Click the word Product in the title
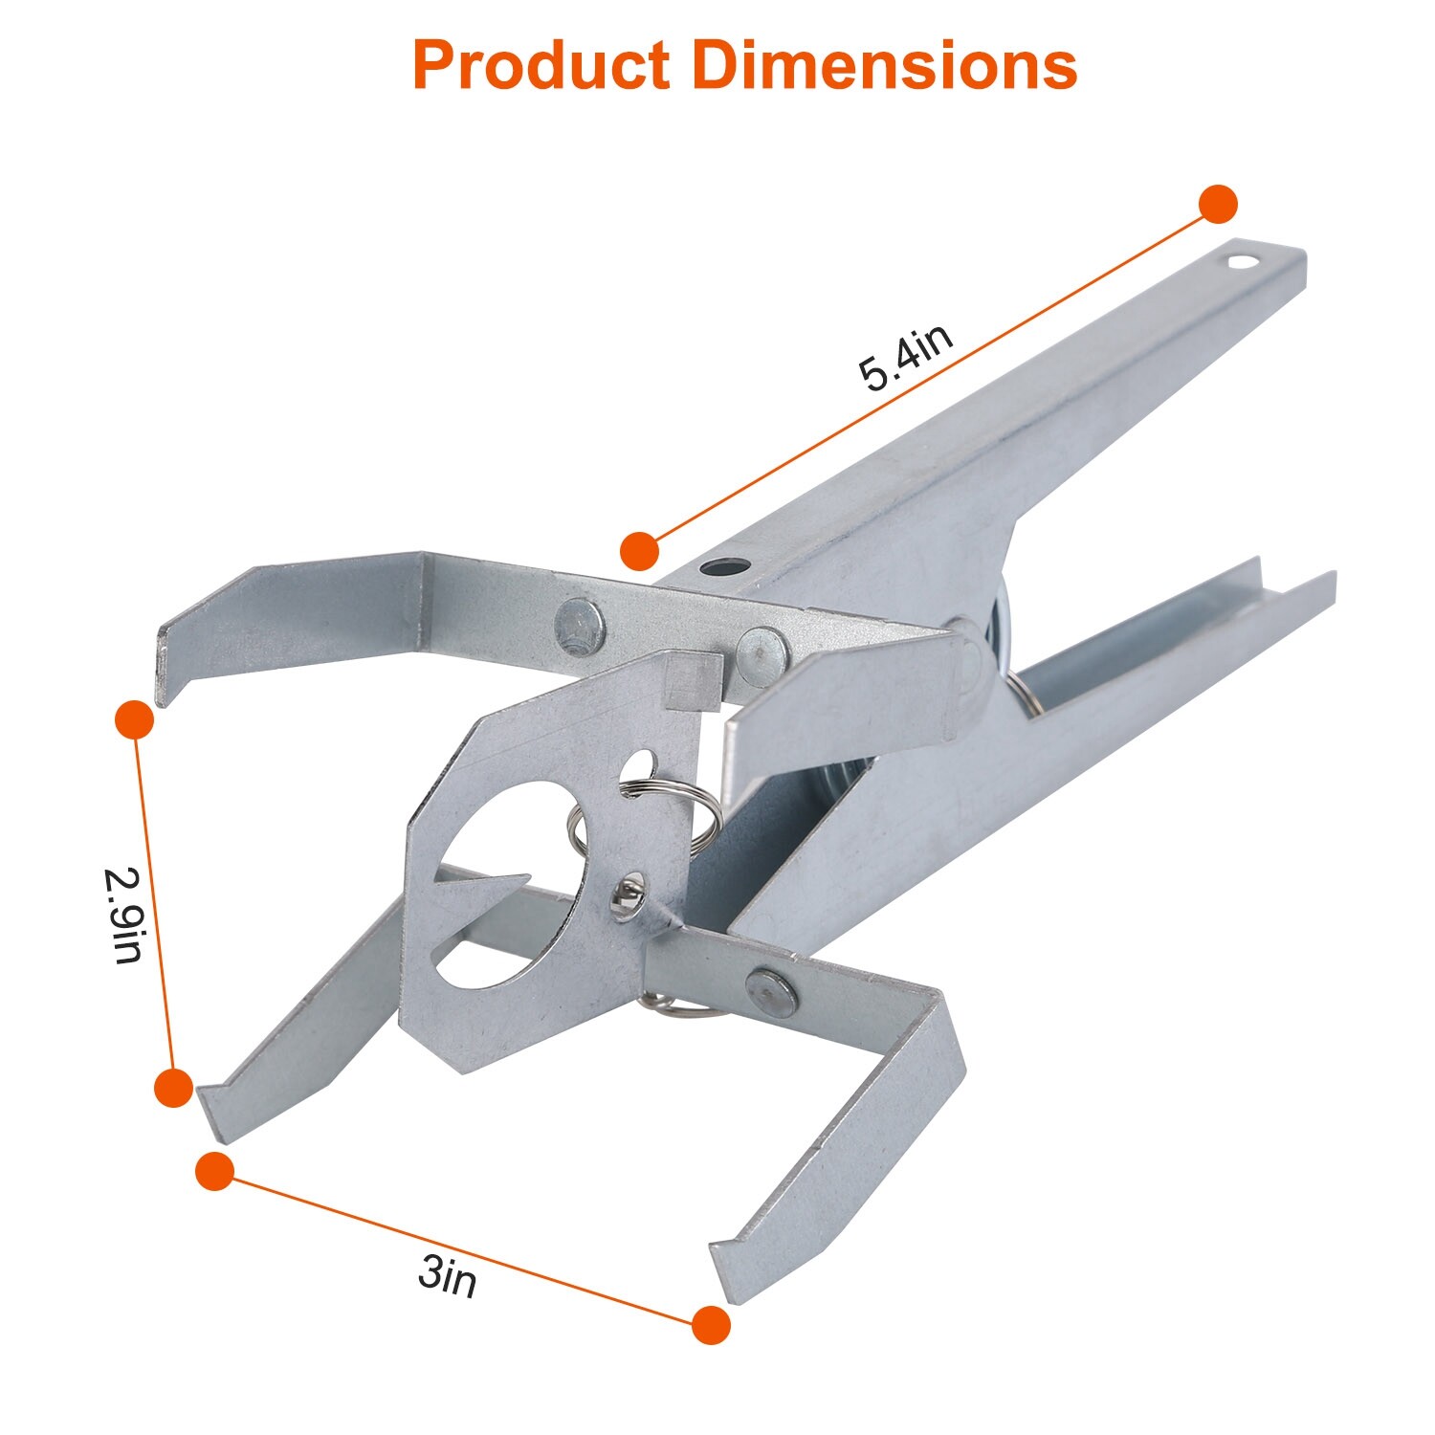pyautogui.click(x=541, y=67)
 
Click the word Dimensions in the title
pyautogui.click(x=884, y=67)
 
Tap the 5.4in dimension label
pyautogui.click(x=905, y=358)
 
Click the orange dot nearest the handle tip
pyautogui.click(x=1218, y=205)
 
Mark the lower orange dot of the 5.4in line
pyautogui.click(x=639, y=552)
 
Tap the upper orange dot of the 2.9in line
pyautogui.click(x=134, y=719)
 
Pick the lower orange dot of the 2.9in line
pyautogui.click(x=173, y=1088)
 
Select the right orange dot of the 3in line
pyautogui.click(x=710, y=1325)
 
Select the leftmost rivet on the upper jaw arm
pyautogui.click(x=580, y=624)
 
